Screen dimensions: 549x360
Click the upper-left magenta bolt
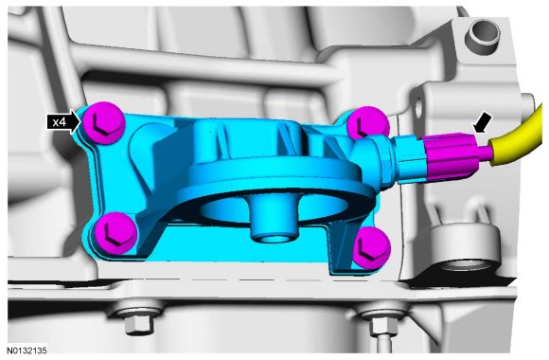coord(103,123)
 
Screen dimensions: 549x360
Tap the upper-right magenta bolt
coord(367,123)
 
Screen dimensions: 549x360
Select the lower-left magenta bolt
coord(115,232)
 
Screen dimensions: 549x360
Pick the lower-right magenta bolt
coord(371,248)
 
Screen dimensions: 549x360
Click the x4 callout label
coord(61,122)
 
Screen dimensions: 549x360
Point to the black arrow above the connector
coord(482,123)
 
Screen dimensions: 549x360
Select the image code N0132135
coord(27,351)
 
